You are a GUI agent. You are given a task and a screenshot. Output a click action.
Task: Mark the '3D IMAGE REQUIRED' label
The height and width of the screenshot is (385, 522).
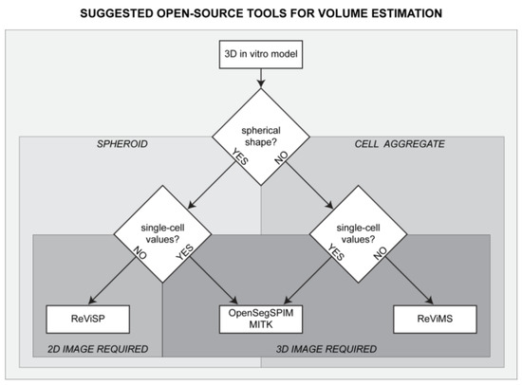coord(320,350)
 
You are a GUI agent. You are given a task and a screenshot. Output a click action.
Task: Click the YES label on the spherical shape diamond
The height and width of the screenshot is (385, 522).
coord(230,174)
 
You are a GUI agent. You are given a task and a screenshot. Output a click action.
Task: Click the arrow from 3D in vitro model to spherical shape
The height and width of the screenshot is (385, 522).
coord(260,90)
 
